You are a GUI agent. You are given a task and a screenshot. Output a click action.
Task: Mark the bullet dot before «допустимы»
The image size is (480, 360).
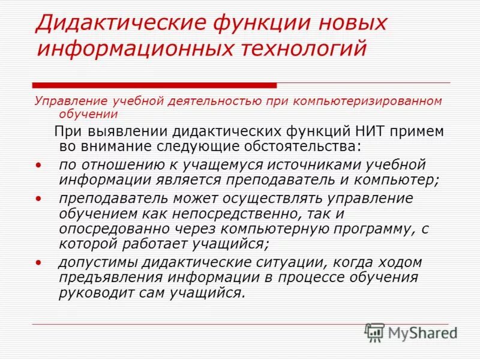(x=38, y=263)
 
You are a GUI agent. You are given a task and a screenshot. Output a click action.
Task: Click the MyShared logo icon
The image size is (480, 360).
(x=375, y=332)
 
